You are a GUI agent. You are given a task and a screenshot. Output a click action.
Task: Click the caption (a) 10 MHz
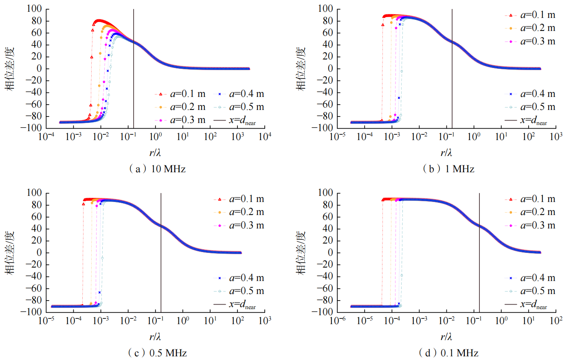(157, 169)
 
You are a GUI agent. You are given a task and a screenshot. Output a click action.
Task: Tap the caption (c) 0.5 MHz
(157, 353)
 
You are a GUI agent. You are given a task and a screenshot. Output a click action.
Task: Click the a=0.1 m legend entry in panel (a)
(182, 94)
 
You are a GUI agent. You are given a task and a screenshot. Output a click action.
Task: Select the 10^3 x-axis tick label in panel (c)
(265, 320)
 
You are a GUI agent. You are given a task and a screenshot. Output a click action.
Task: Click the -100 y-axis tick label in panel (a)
(34, 128)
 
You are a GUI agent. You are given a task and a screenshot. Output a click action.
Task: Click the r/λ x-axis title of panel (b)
(446, 153)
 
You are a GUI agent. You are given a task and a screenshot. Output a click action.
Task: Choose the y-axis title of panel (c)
(10, 252)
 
